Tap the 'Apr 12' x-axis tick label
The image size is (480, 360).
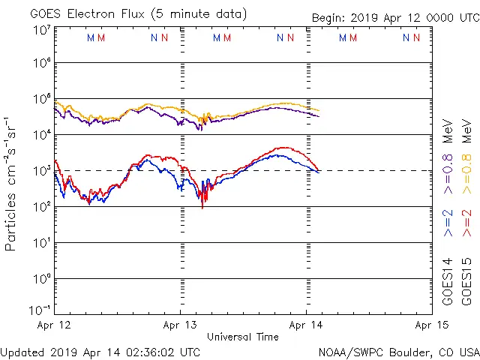coord(54,325)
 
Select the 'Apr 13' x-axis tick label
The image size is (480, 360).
coord(180,325)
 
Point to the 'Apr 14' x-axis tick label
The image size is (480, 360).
coord(306,325)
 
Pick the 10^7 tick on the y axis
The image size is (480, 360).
coord(40,30)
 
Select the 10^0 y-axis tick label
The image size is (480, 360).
coord(40,279)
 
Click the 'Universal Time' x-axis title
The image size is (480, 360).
coord(243,337)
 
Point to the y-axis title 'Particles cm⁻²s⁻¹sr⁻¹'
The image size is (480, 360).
coord(11,184)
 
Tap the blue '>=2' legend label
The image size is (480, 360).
coord(448,223)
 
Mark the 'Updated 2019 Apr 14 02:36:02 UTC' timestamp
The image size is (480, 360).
coord(100,352)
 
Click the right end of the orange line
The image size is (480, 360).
coord(319,111)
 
